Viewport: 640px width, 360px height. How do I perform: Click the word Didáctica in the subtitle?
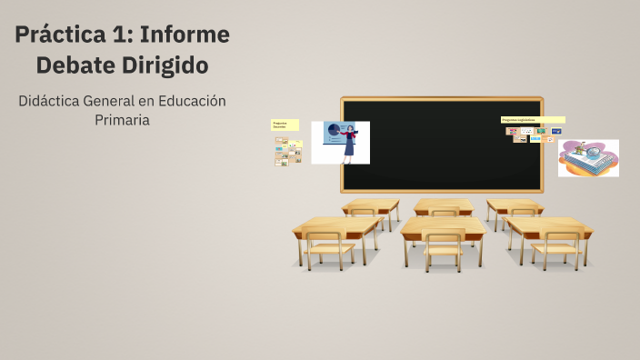pos(54,100)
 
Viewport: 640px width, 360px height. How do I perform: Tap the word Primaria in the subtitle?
pos(122,119)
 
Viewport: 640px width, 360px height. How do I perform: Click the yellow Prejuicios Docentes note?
pos(285,125)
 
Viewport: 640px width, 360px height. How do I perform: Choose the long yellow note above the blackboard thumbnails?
pos(533,120)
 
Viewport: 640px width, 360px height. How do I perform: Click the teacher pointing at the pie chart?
pos(348,144)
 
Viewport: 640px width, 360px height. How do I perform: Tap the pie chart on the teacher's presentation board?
pos(333,129)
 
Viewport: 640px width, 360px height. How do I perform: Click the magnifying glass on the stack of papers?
pos(596,149)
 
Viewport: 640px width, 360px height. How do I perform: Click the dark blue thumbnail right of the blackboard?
pos(555,131)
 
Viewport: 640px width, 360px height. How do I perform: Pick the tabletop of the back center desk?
pos(443,205)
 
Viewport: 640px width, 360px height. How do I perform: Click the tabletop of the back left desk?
pos(371,204)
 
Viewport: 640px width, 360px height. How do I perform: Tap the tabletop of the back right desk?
pos(513,204)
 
